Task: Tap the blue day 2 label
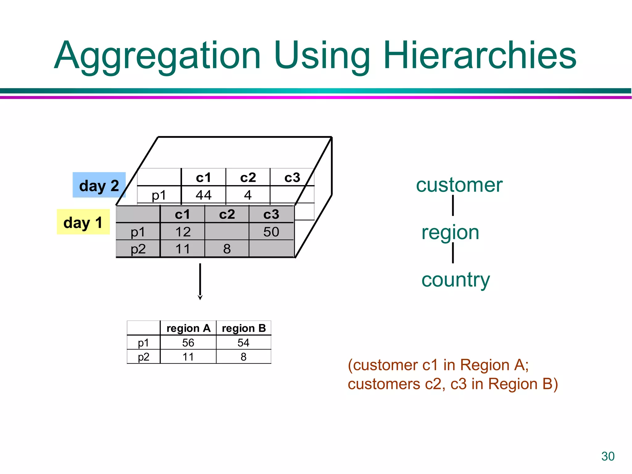99,185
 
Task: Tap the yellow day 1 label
83,222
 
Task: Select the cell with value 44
203,195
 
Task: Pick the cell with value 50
271,232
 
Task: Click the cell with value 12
183,232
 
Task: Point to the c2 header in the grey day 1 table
227,214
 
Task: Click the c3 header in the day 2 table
292,178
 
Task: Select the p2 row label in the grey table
138,249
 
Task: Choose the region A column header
188,328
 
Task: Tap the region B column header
244,328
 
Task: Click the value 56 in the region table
188,343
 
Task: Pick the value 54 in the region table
243,343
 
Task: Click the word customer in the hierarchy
459,185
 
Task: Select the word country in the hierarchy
455,280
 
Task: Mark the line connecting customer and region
453,206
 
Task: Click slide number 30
608,456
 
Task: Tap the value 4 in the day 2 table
248,195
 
